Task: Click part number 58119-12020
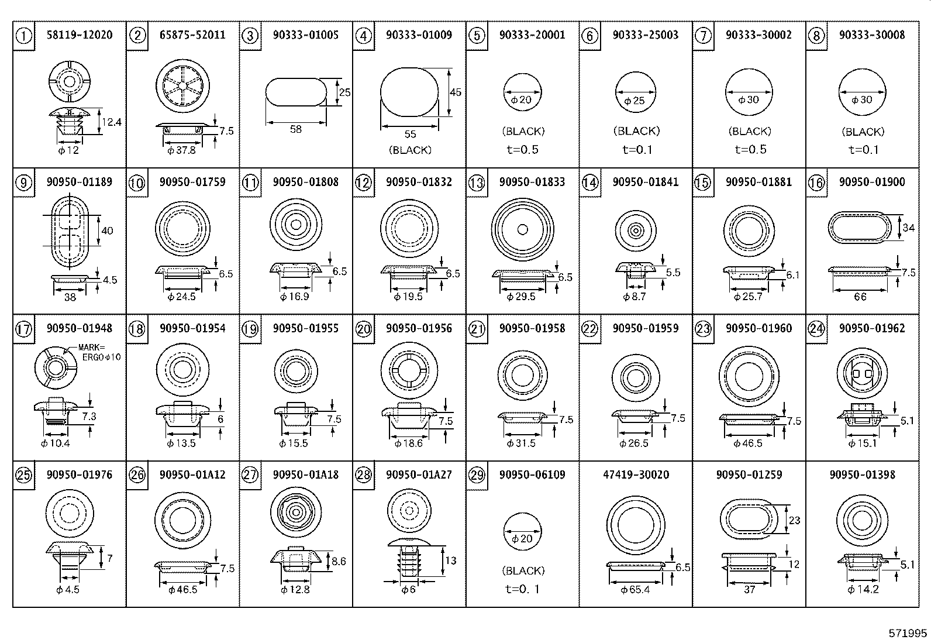tap(79, 35)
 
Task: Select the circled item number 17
tap(23, 329)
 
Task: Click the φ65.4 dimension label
tap(635, 590)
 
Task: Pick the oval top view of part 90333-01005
tap(296, 92)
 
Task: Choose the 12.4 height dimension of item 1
tap(111, 122)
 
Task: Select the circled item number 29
tap(477, 475)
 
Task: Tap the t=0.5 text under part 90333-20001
tap(522, 150)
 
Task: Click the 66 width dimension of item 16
tap(860, 297)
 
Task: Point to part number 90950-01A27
tap(419, 474)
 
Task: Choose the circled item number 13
tap(477, 183)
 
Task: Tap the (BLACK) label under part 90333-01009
tap(410, 150)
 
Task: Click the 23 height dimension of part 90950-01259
tap(794, 520)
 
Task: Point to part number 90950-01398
tap(862, 474)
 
